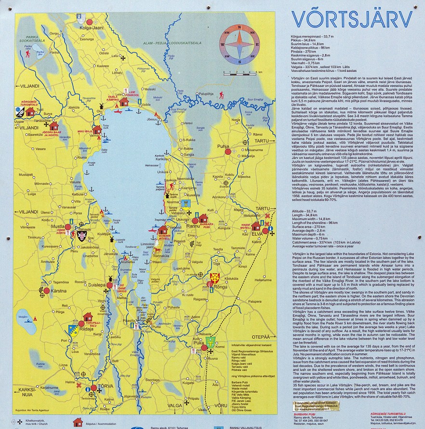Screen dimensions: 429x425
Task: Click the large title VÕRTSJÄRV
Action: pos(352,19)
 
